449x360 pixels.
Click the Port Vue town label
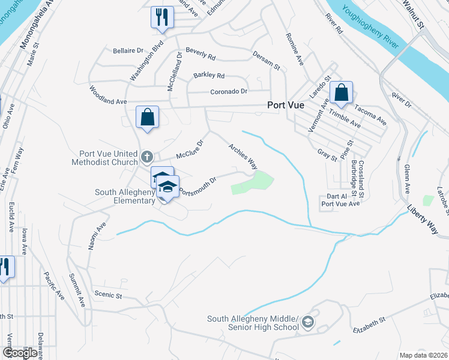tap(286, 104)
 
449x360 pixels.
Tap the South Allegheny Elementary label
tap(125, 197)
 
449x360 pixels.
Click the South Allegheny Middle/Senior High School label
tap(253, 323)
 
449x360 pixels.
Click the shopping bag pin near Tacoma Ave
tap(341, 93)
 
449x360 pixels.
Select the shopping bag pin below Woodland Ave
tap(147, 118)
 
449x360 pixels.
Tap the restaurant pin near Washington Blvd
tap(161, 17)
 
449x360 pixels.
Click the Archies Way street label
tap(243, 155)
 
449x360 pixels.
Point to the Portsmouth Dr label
tap(197, 186)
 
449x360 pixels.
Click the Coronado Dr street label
tap(229, 91)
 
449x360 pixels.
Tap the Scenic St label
tap(108, 295)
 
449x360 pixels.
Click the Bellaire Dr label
tap(128, 51)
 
